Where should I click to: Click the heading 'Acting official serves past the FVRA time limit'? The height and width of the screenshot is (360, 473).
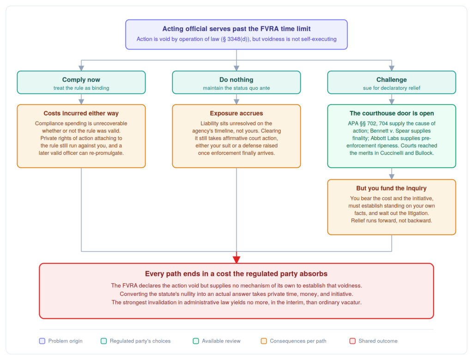(236, 29)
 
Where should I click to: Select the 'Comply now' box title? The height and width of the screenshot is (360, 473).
(81, 79)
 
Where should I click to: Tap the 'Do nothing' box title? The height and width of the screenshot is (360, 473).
(236, 79)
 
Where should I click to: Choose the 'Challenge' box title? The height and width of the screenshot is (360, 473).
(392, 79)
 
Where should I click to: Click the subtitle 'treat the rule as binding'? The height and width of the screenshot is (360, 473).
(81, 88)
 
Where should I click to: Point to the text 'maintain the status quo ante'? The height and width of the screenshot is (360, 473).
(236, 88)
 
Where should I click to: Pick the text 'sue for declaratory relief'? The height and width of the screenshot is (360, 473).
(392, 88)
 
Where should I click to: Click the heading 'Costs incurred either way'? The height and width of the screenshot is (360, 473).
(81, 113)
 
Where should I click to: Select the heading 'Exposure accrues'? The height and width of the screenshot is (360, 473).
(236, 113)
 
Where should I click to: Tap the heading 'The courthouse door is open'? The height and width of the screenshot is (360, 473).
(392, 113)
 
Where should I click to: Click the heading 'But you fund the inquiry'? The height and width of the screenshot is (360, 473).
(392, 188)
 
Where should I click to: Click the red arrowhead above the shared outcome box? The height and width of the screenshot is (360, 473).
(236, 259)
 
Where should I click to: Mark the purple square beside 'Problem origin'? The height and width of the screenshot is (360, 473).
(42, 341)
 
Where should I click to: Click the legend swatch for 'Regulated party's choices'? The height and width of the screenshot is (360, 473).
(104, 341)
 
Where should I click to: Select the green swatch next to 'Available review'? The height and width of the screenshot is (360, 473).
(196, 341)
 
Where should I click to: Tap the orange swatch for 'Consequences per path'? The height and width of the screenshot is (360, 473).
(264, 341)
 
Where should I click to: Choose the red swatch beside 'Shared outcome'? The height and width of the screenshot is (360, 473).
(352, 341)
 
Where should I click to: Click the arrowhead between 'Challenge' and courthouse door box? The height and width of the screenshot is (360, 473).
(392, 102)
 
